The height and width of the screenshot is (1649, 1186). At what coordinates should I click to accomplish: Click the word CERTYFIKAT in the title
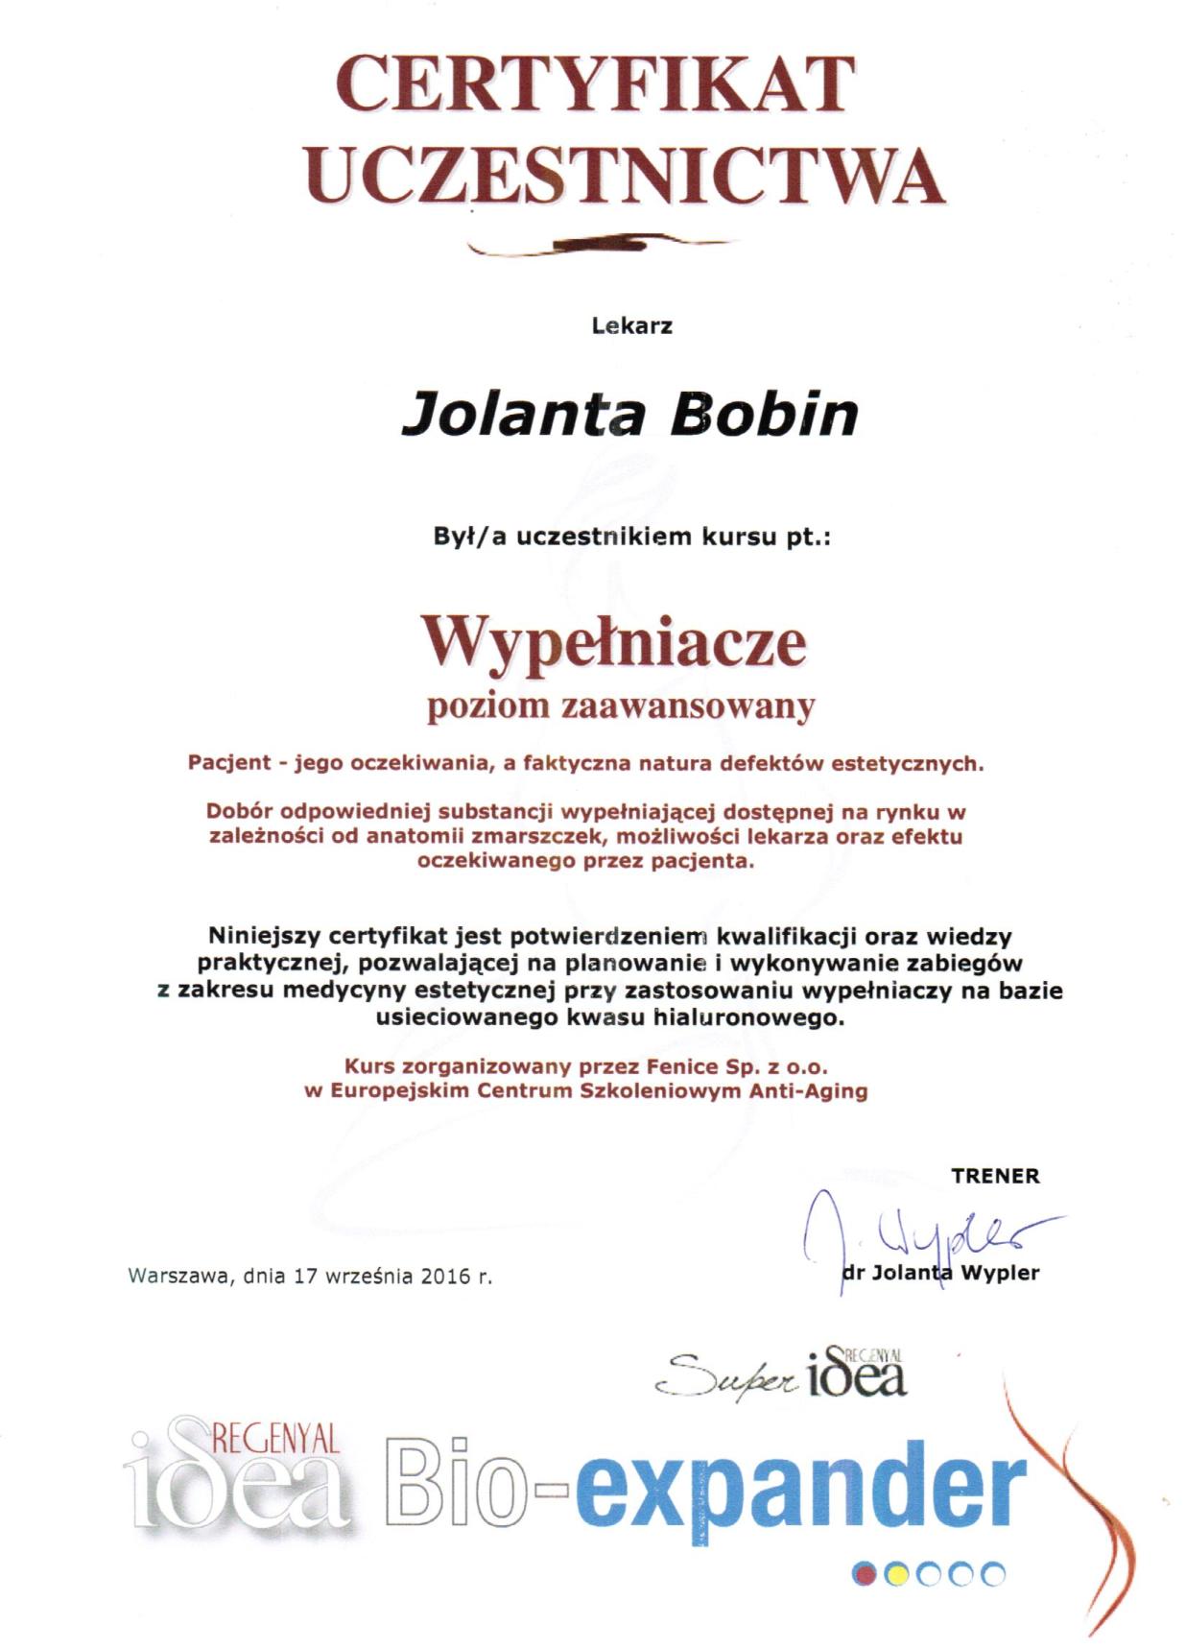pos(594,84)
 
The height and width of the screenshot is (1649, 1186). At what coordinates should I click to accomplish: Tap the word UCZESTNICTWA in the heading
pos(626,175)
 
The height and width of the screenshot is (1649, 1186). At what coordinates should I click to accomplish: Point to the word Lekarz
pos(631,325)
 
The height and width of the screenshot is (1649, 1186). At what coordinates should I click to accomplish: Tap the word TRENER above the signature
pos(994,1176)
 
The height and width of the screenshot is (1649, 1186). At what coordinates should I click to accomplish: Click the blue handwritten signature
pos(921,1233)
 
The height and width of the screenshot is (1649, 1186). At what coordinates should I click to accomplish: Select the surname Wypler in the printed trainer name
pos(999,1273)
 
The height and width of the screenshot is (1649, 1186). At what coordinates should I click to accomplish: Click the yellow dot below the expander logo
pos(896,1574)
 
